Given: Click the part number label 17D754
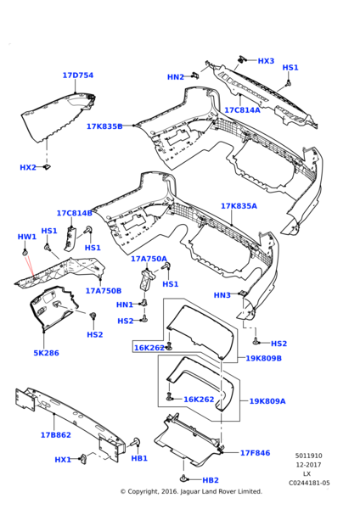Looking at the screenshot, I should pos(77,76).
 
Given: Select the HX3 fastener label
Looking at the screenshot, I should pos(266,61).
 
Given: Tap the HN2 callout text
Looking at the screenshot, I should pos(176,77).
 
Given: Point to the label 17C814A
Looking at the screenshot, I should pos(242,110).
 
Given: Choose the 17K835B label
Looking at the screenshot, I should pos(104,126).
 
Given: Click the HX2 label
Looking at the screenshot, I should pos(28,168).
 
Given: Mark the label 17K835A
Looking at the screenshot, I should pos(239,206).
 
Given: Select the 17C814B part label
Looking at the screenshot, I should pos(75,213).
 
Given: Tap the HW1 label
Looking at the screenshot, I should pos(26,237).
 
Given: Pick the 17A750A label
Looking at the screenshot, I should pos(149,259).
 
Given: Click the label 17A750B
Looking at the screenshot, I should pos(103,291).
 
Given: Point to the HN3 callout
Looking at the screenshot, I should pos(222,295).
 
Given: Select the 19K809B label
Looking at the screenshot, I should pos(264,358).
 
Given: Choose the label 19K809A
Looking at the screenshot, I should pos(267,401).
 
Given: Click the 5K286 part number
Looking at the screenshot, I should pos(46,353).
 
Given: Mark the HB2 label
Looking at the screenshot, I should pos(211,480).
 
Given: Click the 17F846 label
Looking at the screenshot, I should pos(255,453).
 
